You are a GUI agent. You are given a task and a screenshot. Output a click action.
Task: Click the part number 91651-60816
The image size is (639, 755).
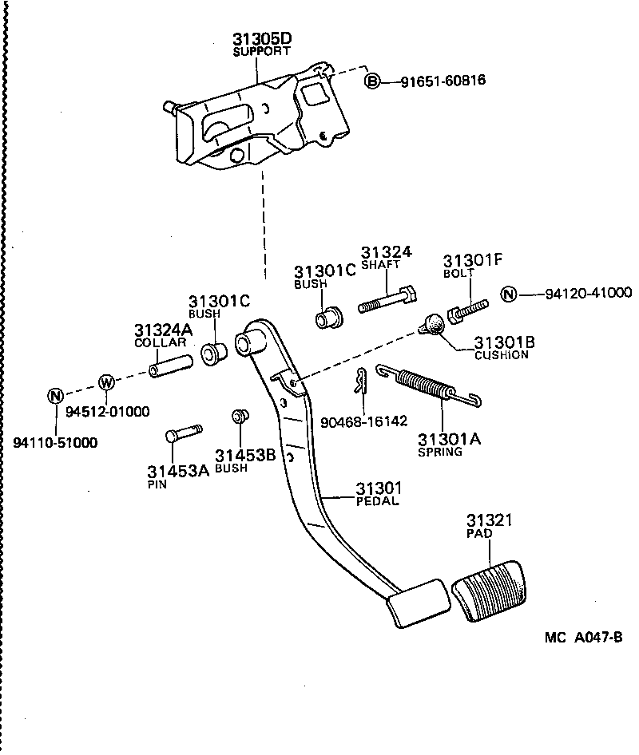[443, 81]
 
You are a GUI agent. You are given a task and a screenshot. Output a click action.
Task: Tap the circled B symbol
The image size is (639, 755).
[372, 81]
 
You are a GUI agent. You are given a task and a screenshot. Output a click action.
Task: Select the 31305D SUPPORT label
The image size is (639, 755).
[262, 44]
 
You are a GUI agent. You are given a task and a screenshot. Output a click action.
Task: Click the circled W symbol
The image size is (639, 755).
[107, 382]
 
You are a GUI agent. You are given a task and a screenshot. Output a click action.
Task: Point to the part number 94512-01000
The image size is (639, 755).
[107, 412]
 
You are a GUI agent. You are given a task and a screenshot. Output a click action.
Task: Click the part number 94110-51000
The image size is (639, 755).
[55, 442]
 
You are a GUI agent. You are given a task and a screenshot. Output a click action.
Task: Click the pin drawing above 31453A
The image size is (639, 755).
[184, 434]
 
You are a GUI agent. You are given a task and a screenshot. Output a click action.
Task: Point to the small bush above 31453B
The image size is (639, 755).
[237, 417]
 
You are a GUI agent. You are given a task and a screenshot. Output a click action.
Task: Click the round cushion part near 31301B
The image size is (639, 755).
[432, 325]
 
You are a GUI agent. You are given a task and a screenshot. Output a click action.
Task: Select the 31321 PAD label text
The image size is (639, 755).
[489, 526]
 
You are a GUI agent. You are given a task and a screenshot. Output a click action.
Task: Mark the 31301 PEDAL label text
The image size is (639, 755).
[379, 494]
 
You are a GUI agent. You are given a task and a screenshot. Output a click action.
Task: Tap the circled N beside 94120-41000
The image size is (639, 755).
[509, 294]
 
